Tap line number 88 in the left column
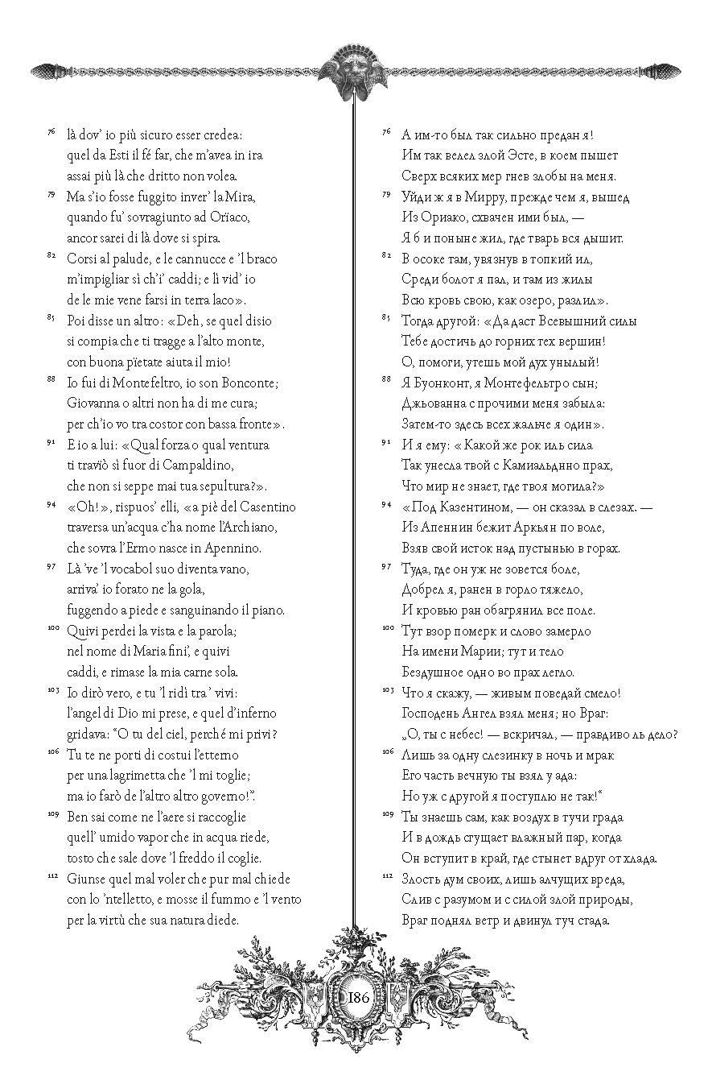pos(50,379)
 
